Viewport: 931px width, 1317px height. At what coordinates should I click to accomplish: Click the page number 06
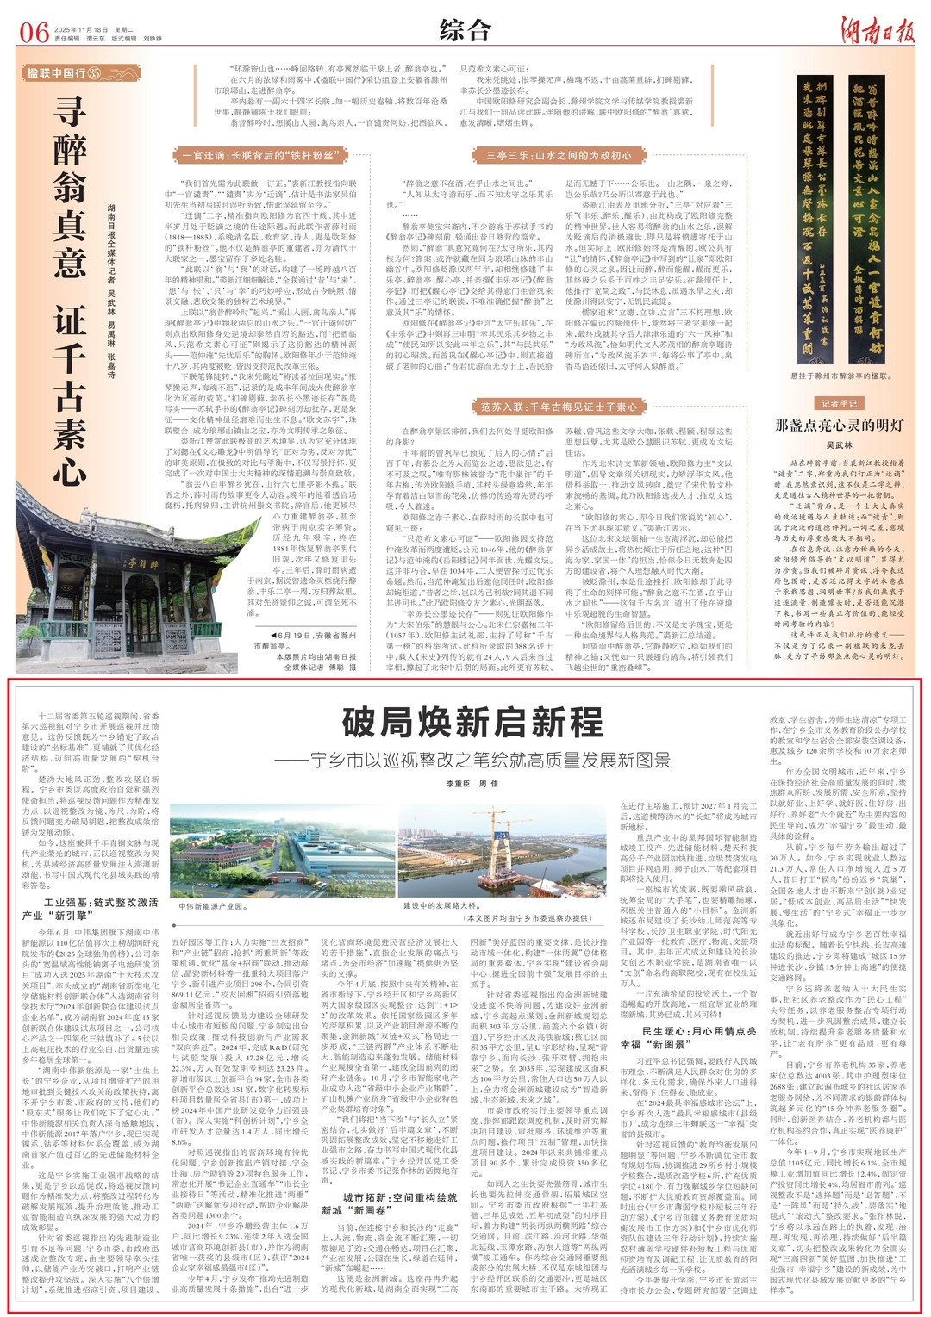(x=34, y=33)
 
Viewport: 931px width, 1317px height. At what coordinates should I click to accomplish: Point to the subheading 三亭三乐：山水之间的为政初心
(x=553, y=156)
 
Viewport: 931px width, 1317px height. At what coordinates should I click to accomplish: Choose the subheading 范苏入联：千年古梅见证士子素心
(x=559, y=407)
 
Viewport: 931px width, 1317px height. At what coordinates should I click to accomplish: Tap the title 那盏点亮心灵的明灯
(x=827, y=426)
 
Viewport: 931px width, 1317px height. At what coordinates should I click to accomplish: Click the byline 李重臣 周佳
(x=472, y=784)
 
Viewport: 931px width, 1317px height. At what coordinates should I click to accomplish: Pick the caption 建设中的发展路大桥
(x=441, y=906)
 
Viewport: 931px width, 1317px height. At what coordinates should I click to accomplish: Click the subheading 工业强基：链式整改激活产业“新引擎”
(x=91, y=909)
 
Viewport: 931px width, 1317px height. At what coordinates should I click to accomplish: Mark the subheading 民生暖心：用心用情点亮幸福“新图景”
(x=687, y=1037)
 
